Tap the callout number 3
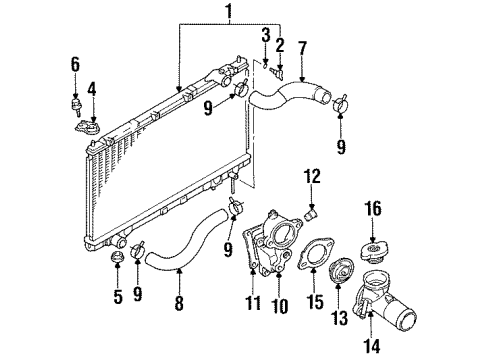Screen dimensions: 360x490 click(265, 35)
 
